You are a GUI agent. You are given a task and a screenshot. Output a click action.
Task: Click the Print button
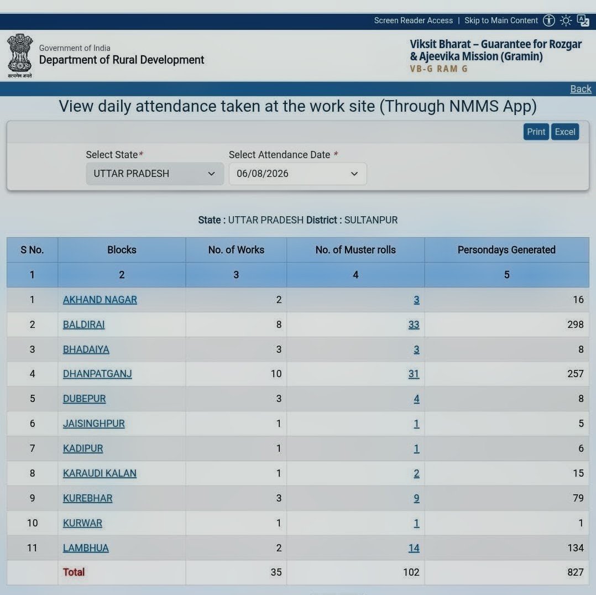point(536,132)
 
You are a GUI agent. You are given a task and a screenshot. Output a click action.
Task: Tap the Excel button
point(565,132)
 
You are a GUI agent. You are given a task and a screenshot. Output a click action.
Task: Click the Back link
point(581,89)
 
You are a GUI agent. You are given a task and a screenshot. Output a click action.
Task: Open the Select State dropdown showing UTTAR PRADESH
point(155,174)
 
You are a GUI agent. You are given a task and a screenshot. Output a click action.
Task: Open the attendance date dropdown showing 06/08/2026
point(297,174)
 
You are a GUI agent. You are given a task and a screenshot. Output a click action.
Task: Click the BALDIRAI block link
point(83,324)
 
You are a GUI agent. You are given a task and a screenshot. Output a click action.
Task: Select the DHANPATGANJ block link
point(97,374)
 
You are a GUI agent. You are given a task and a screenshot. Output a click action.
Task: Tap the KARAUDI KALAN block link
point(100,473)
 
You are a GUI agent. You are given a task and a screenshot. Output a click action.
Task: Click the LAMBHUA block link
point(86,548)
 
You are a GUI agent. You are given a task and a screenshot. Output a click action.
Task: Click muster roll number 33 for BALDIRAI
point(414,324)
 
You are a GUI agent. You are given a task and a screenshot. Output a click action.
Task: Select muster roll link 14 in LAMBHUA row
point(414,548)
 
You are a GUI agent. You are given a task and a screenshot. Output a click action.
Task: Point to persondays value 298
point(575,324)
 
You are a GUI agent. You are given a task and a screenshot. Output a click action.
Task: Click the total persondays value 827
point(575,572)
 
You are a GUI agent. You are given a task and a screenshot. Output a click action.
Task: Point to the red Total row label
point(74,572)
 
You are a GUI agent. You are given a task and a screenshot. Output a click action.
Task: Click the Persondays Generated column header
point(506,250)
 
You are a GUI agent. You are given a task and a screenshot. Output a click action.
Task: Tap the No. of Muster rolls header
point(355,250)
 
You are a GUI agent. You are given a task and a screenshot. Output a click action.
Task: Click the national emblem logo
point(20,55)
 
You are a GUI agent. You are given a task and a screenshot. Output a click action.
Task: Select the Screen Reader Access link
point(413,20)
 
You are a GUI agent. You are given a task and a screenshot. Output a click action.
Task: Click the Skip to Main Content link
point(501,20)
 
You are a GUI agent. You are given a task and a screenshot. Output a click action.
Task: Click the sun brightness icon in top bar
point(566,20)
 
